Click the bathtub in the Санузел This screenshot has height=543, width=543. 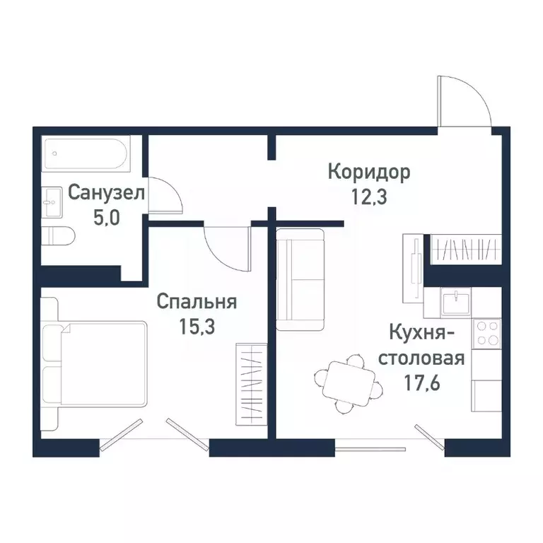pos(85,153)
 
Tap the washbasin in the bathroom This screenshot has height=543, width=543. pos(51,202)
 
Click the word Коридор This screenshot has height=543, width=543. pos(368,171)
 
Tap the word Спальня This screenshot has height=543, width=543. pos(196,302)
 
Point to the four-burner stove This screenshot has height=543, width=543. pos(486,333)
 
